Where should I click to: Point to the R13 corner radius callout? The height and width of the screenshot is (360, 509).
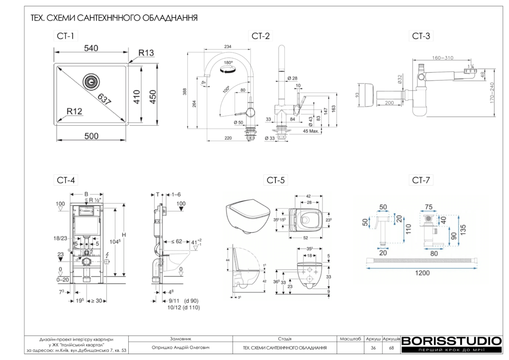(x=146, y=53)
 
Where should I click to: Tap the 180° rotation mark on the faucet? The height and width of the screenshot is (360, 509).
(x=229, y=63)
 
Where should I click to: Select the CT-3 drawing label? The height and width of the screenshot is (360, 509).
(x=421, y=36)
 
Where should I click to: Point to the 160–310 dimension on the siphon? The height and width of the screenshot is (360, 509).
(x=442, y=58)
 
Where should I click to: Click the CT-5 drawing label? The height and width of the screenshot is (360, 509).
(x=276, y=180)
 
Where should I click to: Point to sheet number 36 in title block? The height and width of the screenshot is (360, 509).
(x=373, y=348)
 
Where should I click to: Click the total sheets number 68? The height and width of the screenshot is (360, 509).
(x=391, y=348)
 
